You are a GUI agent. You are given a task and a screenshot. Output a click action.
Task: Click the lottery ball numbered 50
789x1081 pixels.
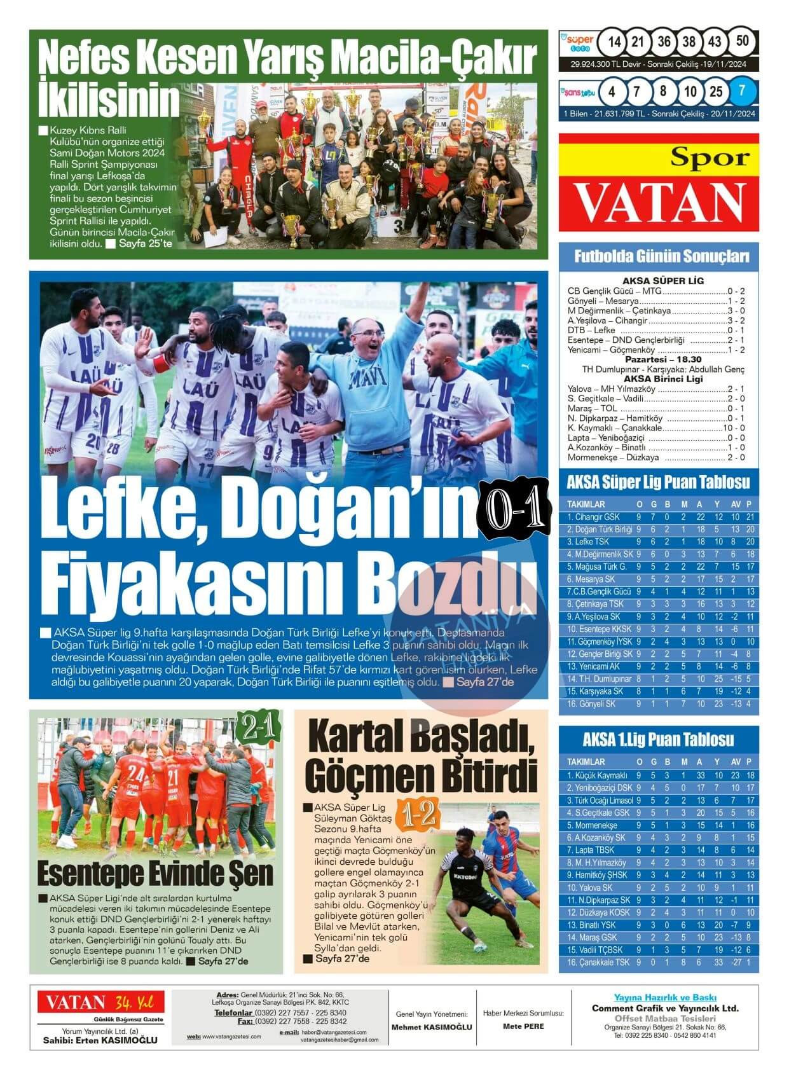(x=742, y=41)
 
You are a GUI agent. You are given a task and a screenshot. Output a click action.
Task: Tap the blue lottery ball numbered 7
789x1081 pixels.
(x=742, y=91)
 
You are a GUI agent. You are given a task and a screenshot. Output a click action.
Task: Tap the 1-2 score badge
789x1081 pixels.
(x=417, y=813)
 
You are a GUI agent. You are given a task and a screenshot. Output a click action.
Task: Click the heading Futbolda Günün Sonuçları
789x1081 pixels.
(x=658, y=256)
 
